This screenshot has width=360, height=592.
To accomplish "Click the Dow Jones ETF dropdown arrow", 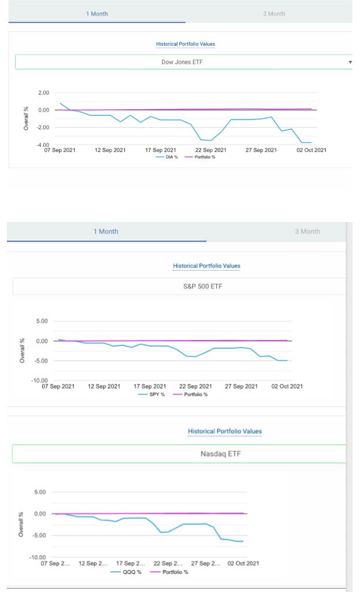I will [x=350, y=62].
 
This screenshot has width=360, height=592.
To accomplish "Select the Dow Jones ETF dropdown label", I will [x=183, y=62].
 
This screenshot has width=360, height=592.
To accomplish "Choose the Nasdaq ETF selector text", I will [x=220, y=454].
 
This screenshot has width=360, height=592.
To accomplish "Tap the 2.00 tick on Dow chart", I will [x=43, y=92].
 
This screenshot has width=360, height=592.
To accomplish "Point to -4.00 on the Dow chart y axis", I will [x=43, y=144].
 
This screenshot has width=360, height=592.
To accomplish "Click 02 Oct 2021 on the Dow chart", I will [x=311, y=150].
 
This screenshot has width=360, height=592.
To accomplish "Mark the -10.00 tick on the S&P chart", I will [x=42, y=380].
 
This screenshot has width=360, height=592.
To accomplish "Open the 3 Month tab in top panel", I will [x=274, y=13].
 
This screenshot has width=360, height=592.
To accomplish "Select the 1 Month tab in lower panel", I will [x=106, y=231].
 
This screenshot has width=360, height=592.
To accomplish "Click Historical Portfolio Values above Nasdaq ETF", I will [x=225, y=431].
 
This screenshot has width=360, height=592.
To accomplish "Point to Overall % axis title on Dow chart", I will [x=26, y=118].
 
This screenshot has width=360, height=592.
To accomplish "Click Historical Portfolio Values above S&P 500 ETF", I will [x=206, y=266].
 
